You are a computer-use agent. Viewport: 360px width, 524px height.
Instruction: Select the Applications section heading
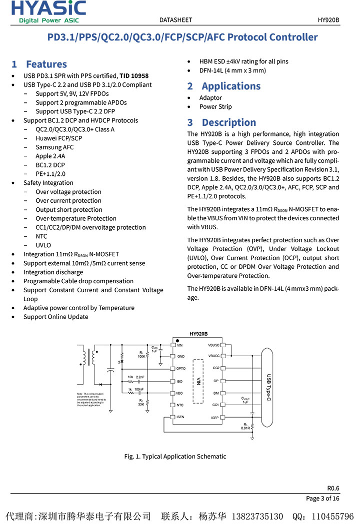224,86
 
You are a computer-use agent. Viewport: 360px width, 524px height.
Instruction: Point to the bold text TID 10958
134,76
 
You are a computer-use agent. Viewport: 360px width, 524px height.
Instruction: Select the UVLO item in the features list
43,245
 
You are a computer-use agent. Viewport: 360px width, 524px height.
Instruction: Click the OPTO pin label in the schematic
181,369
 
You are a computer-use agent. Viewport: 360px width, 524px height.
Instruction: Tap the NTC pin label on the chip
180,405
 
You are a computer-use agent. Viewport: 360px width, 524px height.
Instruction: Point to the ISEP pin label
214,417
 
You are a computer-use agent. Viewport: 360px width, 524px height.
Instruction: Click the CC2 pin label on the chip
215,368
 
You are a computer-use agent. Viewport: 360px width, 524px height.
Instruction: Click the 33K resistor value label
141,404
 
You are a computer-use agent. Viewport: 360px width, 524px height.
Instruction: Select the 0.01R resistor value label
245,428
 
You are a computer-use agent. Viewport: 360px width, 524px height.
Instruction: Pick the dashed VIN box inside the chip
198,381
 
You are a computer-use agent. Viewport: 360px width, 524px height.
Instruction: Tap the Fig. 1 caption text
175,456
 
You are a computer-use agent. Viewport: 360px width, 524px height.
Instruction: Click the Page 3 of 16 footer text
322,498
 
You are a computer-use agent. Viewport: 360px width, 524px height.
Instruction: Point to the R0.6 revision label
333,488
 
